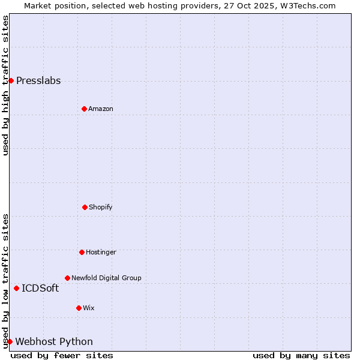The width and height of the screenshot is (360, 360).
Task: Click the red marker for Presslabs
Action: [x=11, y=80]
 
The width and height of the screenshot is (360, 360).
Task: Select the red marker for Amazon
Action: [x=84, y=109]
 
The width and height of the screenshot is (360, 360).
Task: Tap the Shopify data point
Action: [x=85, y=207]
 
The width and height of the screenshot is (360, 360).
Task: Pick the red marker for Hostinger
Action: [x=82, y=252]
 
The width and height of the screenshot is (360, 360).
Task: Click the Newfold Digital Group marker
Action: [x=67, y=278]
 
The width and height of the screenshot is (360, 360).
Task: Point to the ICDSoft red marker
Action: [x=16, y=288]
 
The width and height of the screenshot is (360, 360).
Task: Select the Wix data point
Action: [x=79, y=308]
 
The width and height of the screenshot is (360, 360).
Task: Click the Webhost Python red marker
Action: [x=10, y=341]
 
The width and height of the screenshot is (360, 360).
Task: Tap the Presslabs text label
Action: [x=38, y=81]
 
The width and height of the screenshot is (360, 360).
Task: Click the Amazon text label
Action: [x=101, y=109]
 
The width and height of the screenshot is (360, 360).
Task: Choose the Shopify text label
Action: [x=101, y=207]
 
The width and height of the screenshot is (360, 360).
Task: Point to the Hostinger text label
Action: [x=101, y=252]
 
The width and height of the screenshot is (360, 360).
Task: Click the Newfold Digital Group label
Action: [x=107, y=278]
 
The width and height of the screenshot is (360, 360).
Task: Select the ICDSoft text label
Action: [x=40, y=289]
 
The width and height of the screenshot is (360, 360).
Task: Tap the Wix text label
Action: [x=89, y=308]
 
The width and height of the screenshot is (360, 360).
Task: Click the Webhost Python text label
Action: [x=54, y=342]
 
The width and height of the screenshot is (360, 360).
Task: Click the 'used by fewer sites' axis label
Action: [x=62, y=355]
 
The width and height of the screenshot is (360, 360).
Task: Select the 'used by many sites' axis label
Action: [x=301, y=355]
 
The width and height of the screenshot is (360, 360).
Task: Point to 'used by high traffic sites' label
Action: [x=5, y=85]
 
